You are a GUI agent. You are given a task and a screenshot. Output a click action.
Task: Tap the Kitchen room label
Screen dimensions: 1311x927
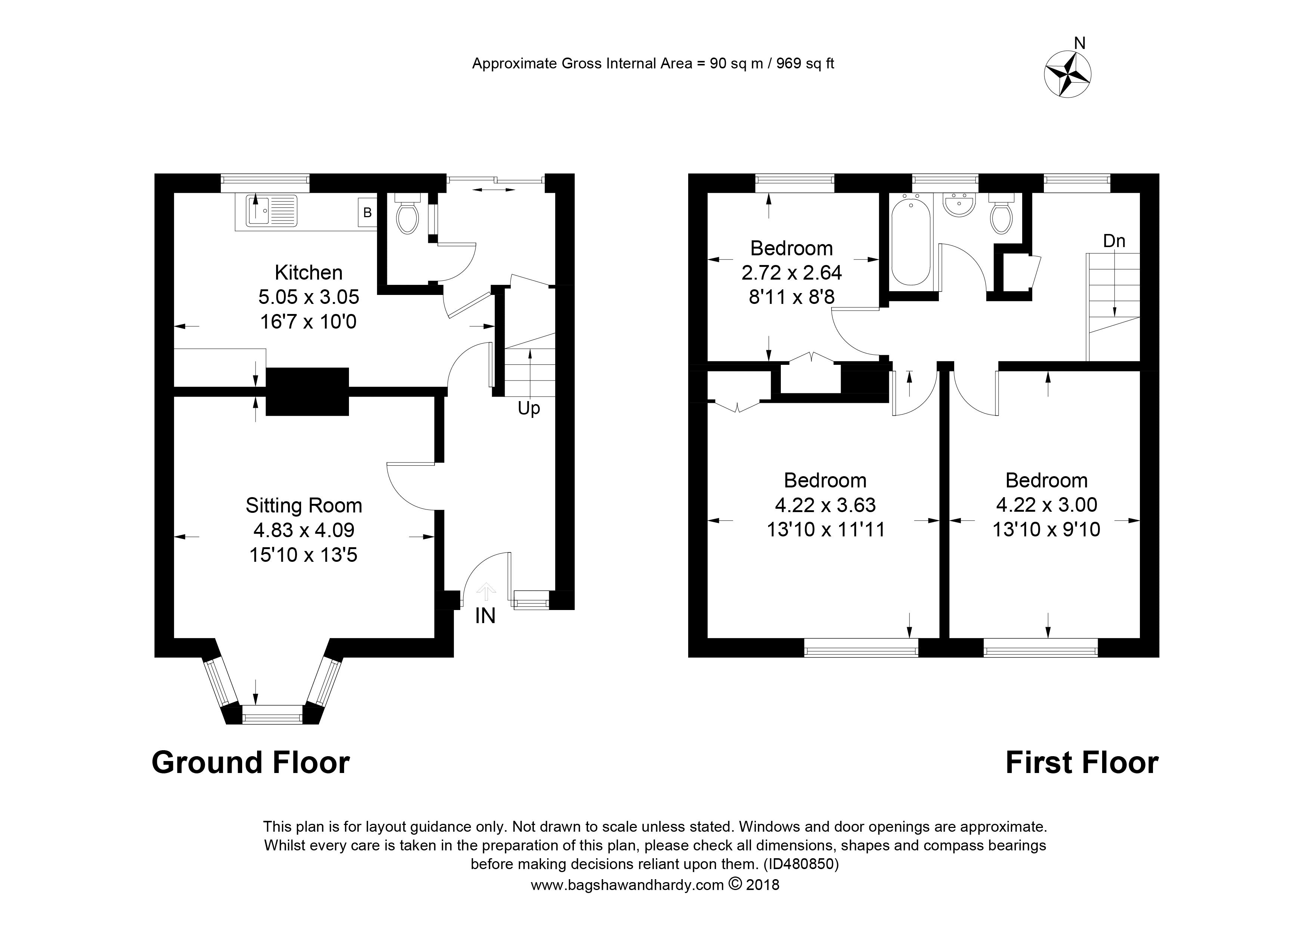coord(308,273)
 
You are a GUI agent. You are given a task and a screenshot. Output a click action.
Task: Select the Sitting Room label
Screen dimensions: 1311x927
coord(304,505)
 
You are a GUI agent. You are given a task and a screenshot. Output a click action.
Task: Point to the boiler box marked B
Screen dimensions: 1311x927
coord(367,212)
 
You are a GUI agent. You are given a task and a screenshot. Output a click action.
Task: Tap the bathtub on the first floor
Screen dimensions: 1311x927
coord(911,240)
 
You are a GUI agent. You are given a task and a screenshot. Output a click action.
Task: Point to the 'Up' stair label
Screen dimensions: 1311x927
coord(529,409)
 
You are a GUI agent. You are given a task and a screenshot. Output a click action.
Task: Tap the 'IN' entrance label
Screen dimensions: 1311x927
coord(485,616)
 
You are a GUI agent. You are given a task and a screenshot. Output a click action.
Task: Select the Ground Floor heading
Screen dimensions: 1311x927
coord(251,763)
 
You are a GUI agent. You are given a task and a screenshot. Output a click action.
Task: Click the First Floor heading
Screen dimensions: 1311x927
coord(1082,763)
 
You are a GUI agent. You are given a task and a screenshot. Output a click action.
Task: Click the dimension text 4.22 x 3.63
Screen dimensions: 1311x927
coord(825,505)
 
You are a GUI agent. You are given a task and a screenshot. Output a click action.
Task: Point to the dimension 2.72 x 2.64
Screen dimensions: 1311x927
coord(791,273)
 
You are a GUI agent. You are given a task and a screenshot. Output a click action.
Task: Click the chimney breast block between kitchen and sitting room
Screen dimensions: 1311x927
coord(307,391)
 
